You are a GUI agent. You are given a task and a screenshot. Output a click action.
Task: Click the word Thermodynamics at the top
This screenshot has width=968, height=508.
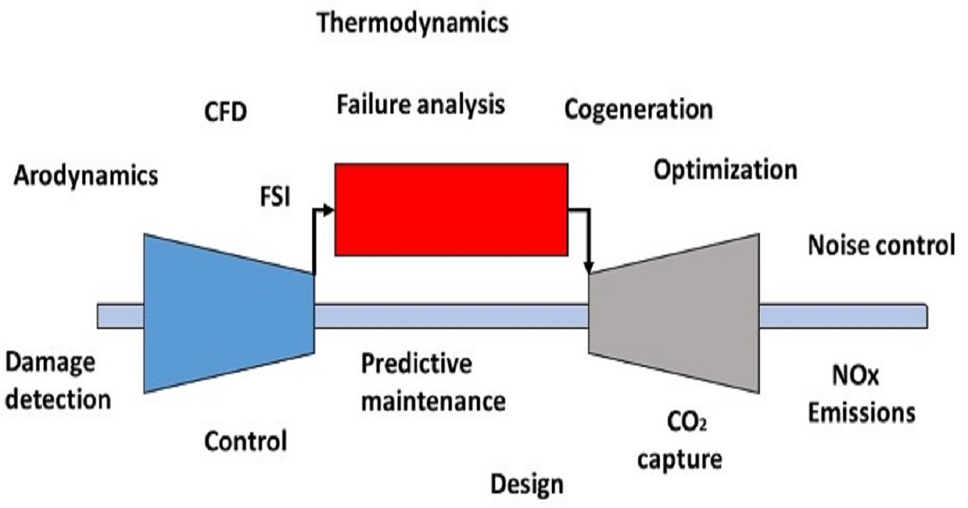[413, 23]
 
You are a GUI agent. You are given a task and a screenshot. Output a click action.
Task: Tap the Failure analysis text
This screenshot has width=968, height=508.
[421, 104]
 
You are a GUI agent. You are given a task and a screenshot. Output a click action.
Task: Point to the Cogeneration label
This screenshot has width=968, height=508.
[638, 109]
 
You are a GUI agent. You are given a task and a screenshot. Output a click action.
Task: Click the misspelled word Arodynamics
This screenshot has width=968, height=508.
[86, 176]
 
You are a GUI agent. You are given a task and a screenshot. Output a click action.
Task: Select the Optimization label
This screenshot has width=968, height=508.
[725, 170]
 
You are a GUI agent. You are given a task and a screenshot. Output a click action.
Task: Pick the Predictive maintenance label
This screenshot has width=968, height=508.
[433, 381]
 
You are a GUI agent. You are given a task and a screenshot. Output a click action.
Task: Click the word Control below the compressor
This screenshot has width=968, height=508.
[245, 441]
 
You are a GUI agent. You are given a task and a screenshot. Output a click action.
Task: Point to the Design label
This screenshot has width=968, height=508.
[527, 484]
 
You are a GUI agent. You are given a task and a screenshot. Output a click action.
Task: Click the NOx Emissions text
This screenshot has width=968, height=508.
[862, 395]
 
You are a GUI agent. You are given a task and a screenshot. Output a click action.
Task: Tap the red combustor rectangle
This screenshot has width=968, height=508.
[451, 209]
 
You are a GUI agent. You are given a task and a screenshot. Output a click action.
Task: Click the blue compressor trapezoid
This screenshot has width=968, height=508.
[226, 314]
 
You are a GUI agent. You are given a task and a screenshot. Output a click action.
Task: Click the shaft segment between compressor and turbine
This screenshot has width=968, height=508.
[452, 316]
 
